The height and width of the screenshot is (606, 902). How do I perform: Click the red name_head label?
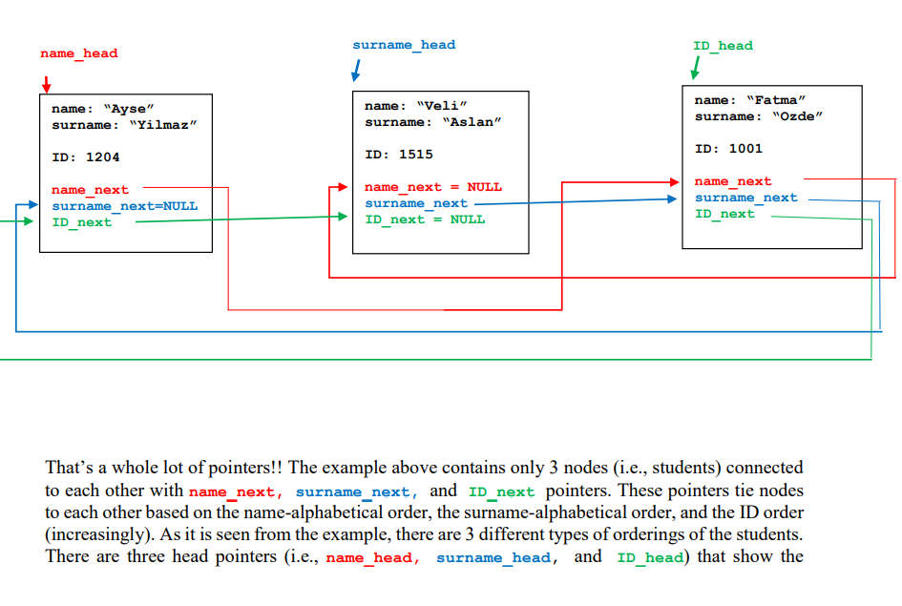click(x=79, y=53)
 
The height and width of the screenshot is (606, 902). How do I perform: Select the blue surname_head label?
click(x=404, y=45)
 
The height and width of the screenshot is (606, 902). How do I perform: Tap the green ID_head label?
click(x=723, y=46)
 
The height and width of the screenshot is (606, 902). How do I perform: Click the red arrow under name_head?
click(x=46, y=83)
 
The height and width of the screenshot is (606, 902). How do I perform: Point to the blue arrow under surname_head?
click(x=356, y=72)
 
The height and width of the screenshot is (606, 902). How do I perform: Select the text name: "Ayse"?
click(x=102, y=109)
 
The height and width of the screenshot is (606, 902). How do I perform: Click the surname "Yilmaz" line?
click(x=124, y=125)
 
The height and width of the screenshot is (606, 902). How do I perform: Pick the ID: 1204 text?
click(x=86, y=157)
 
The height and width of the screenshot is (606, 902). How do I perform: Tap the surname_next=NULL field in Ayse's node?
click(x=124, y=206)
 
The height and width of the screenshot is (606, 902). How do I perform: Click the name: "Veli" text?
click(x=416, y=106)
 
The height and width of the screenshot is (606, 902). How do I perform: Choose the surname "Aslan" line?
click(x=432, y=122)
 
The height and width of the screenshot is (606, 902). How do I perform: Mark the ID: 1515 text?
click(x=399, y=154)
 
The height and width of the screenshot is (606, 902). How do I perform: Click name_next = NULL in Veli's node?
click(x=432, y=187)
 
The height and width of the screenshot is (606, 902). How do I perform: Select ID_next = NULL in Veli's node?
click(x=425, y=219)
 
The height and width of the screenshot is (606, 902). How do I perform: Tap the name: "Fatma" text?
click(x=750, y=100)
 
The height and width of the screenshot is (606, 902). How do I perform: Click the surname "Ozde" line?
click(x=759, y=116)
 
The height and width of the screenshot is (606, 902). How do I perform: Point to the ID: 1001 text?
click(x=728, y=148)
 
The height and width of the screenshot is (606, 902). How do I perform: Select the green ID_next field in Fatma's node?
click(x=724, y=214)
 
